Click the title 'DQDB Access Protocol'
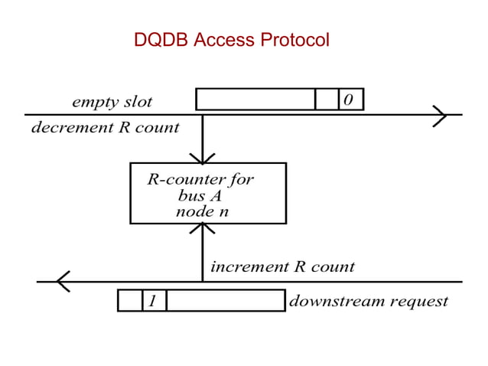(x=231, y=40)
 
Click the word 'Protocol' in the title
(x=294, y=40)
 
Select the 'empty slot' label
(x=112, y=102)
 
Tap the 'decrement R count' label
(x=105, y=128)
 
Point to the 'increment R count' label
(x=282, y=267)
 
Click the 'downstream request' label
(x=368, y=301)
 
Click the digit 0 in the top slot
(x=350, y=100)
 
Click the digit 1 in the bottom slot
(x=153, y=301)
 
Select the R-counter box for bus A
(x=208, y=193)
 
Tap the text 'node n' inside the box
(x=202, y=211)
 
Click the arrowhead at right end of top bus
(x=440, y=115)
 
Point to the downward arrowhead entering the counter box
(x=203, y=158)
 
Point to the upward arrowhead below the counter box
(x=203, y=228)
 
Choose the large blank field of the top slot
(x=255, y=100)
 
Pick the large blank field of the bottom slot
(x=226, y=301)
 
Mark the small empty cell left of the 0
(x=327, y=100)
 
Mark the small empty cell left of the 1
(x=130, y=301)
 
